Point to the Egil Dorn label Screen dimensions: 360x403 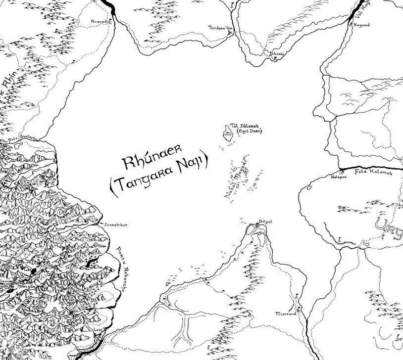[250, 132]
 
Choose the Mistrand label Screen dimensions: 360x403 [286, 314]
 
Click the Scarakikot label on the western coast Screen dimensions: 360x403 [116, 225]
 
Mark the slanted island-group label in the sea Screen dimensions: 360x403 [236, 180]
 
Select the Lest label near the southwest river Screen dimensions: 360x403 [98, 327]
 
